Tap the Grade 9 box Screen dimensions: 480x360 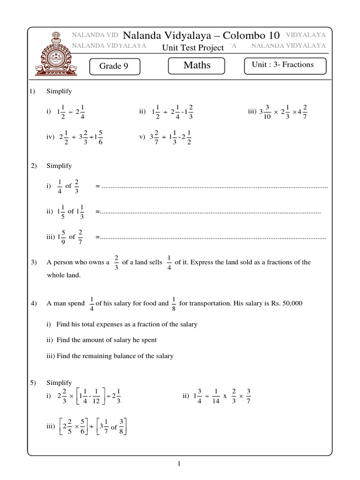point(113,66)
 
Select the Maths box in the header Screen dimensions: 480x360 point(197,65)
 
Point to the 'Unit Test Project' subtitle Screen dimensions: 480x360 point(193,47)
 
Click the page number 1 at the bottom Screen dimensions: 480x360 point(179,464)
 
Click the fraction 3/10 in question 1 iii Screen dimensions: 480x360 point(267,112)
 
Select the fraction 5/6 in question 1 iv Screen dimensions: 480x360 point(101,137)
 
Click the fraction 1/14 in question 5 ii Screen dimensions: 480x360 point(216,396)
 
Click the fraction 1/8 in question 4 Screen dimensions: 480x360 point(174,304)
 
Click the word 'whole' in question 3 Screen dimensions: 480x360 point(55,275)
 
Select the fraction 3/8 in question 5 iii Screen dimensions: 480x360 point(121,426)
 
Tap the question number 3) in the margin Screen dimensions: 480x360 point(34,262)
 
